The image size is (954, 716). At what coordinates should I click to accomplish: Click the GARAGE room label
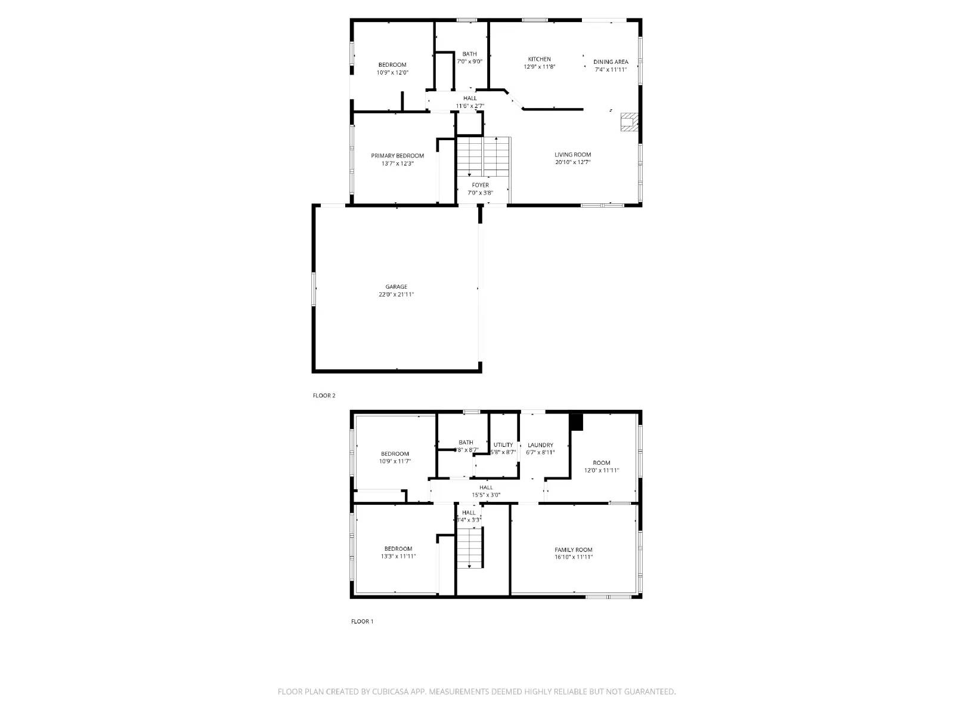[396, 287]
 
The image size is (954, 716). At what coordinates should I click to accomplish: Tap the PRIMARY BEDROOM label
[397, 156]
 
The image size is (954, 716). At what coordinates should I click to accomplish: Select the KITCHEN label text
[539, 59]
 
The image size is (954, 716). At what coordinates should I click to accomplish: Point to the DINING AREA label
[611, 62]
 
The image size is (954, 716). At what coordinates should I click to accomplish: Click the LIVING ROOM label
[572, 155]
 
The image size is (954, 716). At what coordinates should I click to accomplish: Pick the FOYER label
[480, 185]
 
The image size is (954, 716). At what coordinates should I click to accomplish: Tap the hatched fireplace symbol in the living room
[628, 122]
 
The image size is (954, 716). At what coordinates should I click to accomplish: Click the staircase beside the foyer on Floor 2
[484, 156]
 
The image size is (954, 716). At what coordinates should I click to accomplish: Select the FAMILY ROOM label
[573, 550]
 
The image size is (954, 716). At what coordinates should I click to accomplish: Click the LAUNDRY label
[540, 445]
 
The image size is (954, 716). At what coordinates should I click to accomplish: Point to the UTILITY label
[503, 445]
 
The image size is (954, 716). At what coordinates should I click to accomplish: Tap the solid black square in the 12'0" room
[576, 422]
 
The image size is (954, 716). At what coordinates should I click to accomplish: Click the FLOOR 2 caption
[324, 396]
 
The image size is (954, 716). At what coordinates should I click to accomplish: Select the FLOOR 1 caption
[362, 621]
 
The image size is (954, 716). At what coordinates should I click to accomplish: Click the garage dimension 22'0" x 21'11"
[396, 295]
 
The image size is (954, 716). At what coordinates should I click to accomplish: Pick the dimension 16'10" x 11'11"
[573, 557]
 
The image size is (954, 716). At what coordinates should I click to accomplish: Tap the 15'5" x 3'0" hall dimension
[486, 495]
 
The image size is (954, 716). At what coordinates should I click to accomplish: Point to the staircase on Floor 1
[470, 548]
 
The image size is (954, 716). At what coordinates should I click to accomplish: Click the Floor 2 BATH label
[469, 54]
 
